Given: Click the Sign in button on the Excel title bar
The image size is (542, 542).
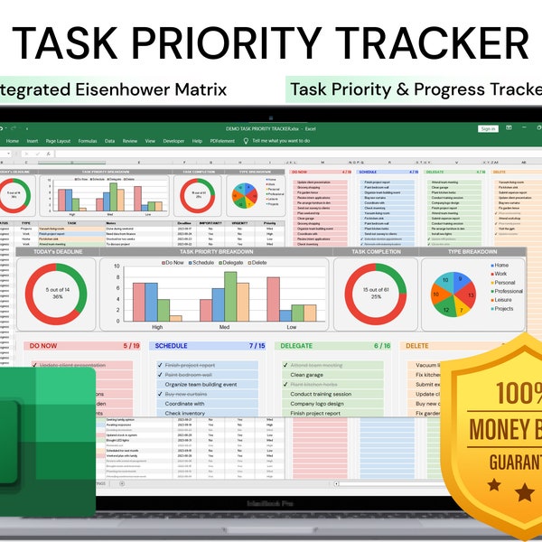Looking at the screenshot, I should click(x=488, y=129).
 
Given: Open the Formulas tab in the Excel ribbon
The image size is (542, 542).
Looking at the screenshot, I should click(x=88, y=141).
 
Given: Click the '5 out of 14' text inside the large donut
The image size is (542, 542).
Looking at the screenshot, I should click(x=57, y=289).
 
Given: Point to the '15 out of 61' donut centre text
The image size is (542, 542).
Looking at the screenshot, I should click(x=377, y=289).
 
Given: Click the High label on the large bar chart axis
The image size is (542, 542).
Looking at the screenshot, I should click(x=157, y=327).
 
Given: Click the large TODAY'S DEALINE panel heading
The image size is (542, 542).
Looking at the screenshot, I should click(x=58, y=253).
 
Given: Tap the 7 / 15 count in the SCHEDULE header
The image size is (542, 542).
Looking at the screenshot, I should click(x=257, y=345).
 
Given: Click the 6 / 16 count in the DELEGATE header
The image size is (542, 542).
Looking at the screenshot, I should click(x=382, y=345).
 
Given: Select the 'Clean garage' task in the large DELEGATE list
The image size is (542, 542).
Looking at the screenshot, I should click(x=307, y=374).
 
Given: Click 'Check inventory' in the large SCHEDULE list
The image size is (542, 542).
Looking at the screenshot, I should click(x=186, y=413).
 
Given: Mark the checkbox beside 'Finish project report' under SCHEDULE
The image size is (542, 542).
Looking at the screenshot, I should click(x=159, y=365).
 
